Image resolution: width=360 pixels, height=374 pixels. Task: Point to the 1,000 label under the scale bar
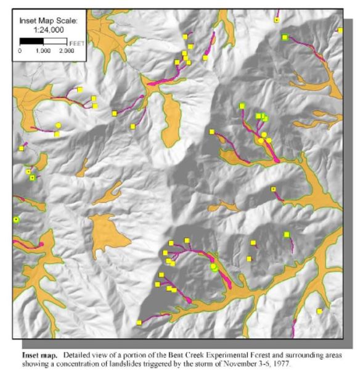coord(43,51)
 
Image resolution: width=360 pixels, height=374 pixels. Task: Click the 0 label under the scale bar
coord(20,51)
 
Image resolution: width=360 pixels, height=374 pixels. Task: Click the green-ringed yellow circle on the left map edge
coord(16,219)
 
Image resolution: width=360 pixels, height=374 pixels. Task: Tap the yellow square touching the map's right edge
coord(340,30)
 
